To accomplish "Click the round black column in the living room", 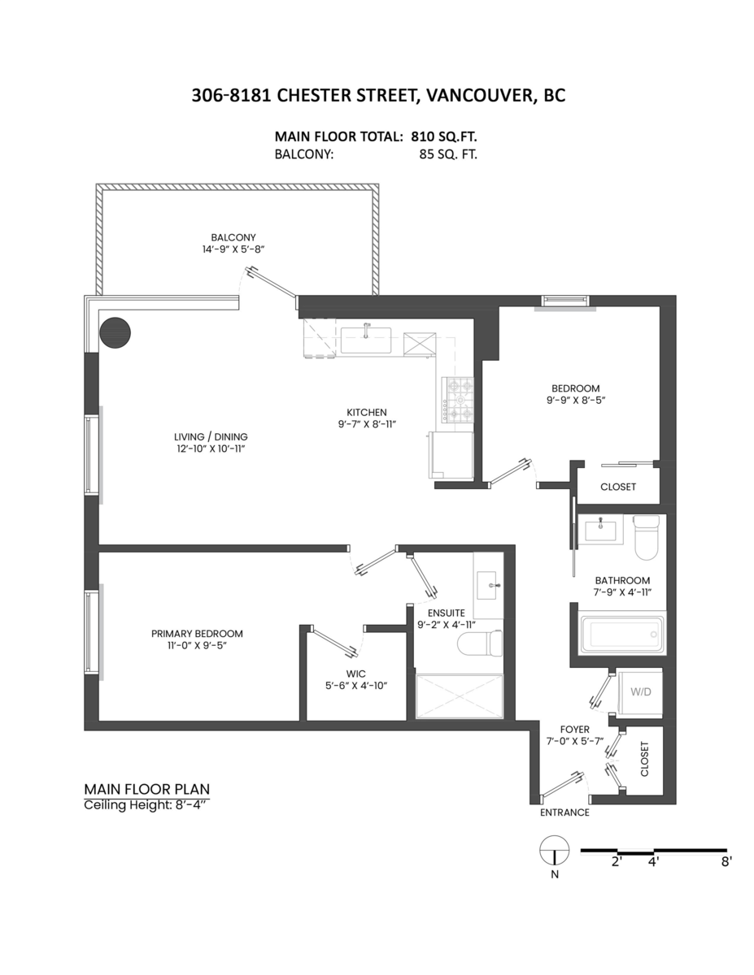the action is [115, 332].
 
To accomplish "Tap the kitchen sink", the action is [365, 340].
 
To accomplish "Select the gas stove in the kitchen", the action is [458, 399].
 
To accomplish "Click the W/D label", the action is [640, 691].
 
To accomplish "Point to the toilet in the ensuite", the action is [480, 643].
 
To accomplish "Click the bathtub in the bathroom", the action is [622, 634].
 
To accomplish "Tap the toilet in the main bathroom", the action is [646, 537].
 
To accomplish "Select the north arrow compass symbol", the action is [555, 850].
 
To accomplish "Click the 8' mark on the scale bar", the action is [726, 862].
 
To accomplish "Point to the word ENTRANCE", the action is [564, 812].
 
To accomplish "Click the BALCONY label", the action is [233, 237].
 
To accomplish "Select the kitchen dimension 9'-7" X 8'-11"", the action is [367, 424].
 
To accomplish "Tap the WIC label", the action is [356, 674].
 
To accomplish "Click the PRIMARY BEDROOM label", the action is [197, 634].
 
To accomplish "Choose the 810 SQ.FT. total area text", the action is [443, 136].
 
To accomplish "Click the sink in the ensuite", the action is [487, 585].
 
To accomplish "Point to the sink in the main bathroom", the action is [601, 529].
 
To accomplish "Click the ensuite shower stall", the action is [460, 696].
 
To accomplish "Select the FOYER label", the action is [574, 730].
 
